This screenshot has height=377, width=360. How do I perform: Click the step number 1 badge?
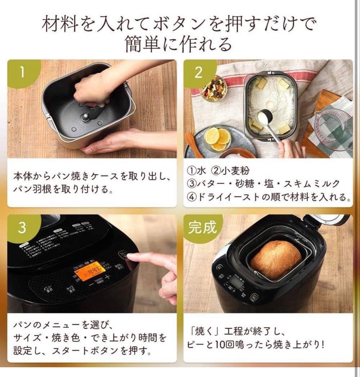[22, 72]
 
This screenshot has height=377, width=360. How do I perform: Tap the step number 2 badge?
[198, 72]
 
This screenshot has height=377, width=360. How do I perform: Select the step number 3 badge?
[22, 227]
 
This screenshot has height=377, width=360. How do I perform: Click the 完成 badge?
[202, 227]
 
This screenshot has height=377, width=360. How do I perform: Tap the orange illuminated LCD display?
[90, 271]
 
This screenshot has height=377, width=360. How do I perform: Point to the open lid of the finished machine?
[327, 220]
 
